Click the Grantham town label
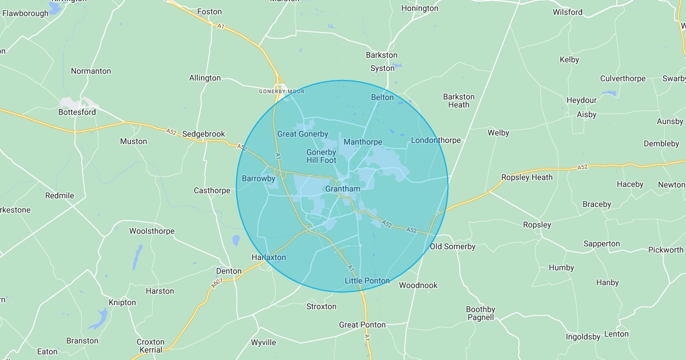click(x=342, y=189)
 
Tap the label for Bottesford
click(x=77, y=113)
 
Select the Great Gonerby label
click(x=302, y=134)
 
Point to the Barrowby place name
click(x=258, y=179)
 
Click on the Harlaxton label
click(x=269, y=258)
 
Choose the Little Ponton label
click(x=367, y=281)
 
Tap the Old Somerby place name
click(x=452, y=247)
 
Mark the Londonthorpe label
click(x=436, y=141)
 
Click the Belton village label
click(x=382, y=98)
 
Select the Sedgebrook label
click(x=204, y=134)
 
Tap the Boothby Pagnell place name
click(x=480, y=314)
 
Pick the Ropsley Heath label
click(x=527, y=178)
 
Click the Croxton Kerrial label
click(x=150, y=346)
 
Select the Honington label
click(x=420, y=9)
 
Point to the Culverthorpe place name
click(x=623, y=79)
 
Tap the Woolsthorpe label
click(x=151, y=231)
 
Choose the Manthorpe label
click(x=362, y=142)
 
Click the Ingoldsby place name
click(x=583, y=337)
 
